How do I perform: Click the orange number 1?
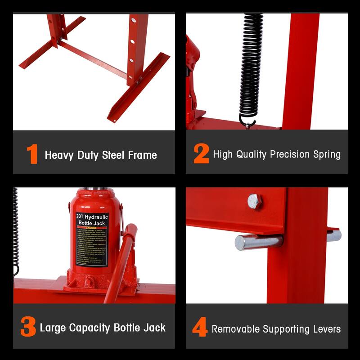click(32, 154)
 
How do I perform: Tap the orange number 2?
click(201, 154)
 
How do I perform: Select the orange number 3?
click(28, 328)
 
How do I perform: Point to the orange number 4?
click(200, 328)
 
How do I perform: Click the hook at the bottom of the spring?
click(247, 122)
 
